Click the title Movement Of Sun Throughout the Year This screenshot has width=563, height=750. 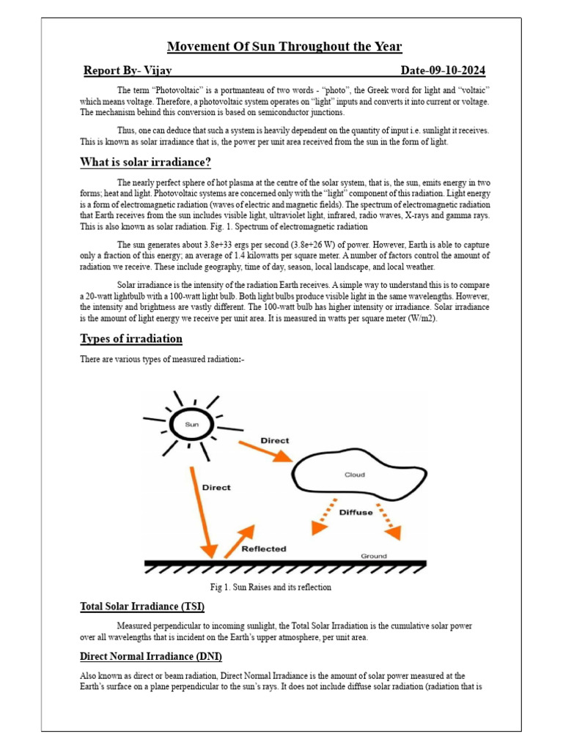(284, 47)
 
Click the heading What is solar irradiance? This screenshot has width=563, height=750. (146, 162)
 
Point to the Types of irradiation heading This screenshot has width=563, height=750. (131, 338)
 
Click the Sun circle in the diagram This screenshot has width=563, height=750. (191, 423)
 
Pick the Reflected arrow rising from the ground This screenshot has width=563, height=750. (239, 541)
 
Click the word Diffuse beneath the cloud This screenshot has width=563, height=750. (356, 512)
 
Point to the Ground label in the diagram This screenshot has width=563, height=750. (373, 556)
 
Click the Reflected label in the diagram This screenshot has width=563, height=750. (264, 548)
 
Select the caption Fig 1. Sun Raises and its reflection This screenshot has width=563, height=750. (271, 587)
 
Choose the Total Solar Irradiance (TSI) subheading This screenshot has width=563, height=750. (142, 606)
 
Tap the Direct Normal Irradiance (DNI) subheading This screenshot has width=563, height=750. (151, 656)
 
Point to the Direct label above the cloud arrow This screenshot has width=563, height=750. (275, 441)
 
